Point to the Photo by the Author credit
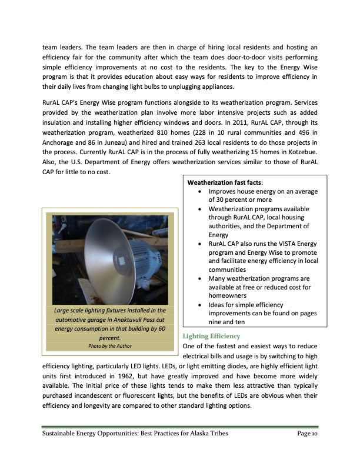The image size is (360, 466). pyautogui.click(x=109, y=347)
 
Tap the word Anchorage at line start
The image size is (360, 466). pyautogui.click(x=58, y=141)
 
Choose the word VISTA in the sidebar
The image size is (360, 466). pyautogui.click(x=279, y=244)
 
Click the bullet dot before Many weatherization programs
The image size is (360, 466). pyautogui.click(x=203, y=277)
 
